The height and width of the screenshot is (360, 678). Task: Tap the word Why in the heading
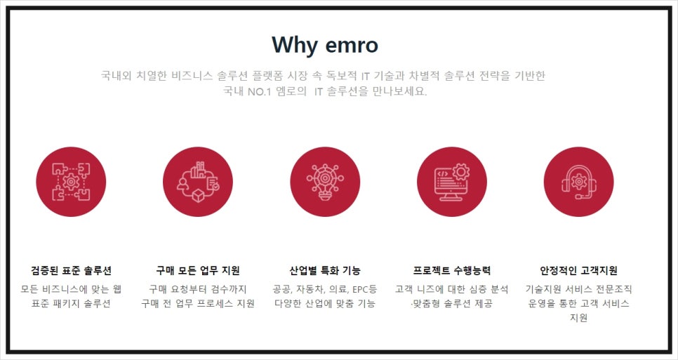295,46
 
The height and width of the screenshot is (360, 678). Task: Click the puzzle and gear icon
71,182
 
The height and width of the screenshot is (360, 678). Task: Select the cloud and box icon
198,182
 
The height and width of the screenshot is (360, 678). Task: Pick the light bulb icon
325,182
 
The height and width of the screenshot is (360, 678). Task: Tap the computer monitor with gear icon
452,182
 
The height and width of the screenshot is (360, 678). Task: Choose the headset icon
578,182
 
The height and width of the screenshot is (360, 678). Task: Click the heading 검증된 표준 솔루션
71,271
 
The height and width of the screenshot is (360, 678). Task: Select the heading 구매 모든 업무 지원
198,271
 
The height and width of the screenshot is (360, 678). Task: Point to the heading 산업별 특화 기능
325,271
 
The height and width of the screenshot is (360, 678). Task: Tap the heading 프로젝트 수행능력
452,271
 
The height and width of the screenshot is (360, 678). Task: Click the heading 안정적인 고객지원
578,271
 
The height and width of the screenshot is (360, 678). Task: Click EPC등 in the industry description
364,288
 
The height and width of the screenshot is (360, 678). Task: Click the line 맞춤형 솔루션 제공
452,303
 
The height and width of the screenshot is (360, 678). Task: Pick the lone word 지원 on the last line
578,318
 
